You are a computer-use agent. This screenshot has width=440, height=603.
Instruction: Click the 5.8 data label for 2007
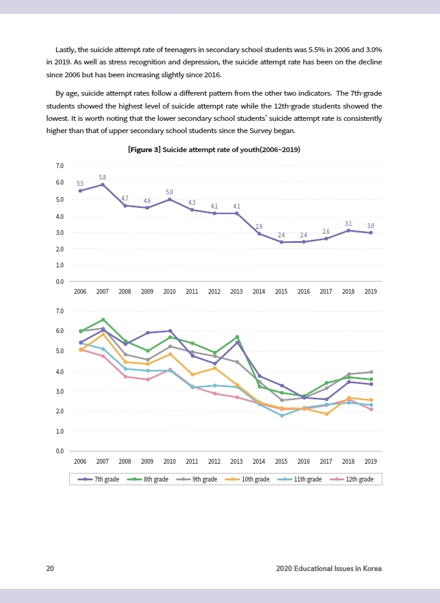[x=102, y=177]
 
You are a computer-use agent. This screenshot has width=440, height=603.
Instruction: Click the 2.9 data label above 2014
[x=259, y=227]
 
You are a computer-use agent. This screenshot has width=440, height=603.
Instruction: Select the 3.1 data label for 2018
[x=348, y=223]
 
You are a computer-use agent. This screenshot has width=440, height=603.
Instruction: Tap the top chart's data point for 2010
[x=170, y=199]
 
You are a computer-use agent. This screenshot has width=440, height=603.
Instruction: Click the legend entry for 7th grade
[x=98, y=479]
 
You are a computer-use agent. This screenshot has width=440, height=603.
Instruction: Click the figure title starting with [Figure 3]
[x=214, y=150]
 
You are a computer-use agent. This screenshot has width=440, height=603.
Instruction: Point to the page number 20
[x=50, y=569]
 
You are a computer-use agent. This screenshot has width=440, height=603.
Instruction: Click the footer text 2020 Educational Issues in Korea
[x=328, y=569]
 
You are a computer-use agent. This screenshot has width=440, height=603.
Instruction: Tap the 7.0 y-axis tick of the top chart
[x=59, y=166]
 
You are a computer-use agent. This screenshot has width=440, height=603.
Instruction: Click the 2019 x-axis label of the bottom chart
[x=370, y=461]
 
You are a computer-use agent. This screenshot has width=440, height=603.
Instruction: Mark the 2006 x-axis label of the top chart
[x=80, y=291]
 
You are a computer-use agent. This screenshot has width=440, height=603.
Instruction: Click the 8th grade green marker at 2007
[x=103, y=320]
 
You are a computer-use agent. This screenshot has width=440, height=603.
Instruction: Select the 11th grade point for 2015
[x=281, y=415]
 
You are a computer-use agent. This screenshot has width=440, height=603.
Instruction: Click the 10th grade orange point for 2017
[x=326, y=414]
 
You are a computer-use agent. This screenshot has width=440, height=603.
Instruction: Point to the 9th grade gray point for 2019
[x=371, y=372]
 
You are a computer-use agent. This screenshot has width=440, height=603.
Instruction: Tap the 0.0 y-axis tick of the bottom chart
[x=59, y=451]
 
